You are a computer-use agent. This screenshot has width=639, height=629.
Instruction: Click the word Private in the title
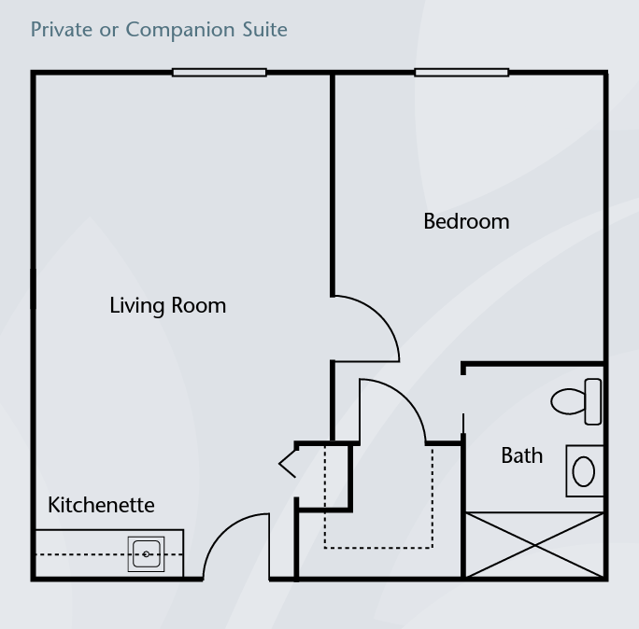coord(62,29)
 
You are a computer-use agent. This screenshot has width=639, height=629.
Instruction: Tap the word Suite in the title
coord(265,29)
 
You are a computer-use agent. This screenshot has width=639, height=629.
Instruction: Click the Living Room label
coord(168,305)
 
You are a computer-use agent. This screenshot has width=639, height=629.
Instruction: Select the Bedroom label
coord(466,221)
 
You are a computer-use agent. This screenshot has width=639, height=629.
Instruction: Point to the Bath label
coord(522,455)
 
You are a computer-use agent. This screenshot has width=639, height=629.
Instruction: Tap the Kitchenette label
coord(101,505)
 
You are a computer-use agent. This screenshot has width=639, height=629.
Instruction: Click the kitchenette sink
coord(147,554)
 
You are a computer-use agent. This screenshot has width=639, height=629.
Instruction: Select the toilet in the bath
coord(575,402)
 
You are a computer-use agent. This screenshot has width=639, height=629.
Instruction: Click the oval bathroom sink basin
coord(584,471)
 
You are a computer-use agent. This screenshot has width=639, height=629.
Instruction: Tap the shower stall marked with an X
coord(534,545)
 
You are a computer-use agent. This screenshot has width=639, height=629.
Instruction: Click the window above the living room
coord(220,73)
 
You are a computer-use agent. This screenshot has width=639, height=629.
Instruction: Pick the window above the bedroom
coord(461,73)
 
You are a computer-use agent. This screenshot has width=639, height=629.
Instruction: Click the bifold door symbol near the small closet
coord(288,464)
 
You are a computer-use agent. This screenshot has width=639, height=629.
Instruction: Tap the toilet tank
coord(593,402)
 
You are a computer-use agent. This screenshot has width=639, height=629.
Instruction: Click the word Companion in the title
coord(180,30)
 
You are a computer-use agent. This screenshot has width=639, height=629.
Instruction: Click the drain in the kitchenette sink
coord(146,554)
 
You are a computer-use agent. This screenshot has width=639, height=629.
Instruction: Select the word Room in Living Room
coord(199,305)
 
